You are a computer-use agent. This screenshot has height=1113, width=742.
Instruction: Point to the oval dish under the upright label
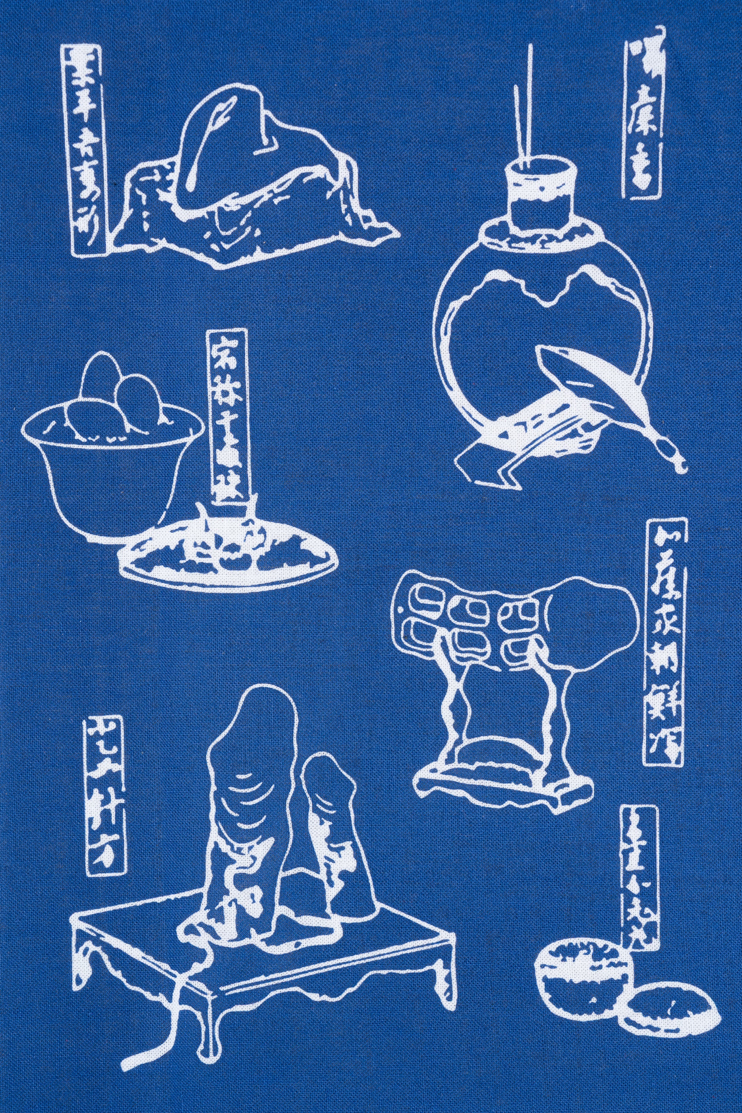[x=227, y=551]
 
